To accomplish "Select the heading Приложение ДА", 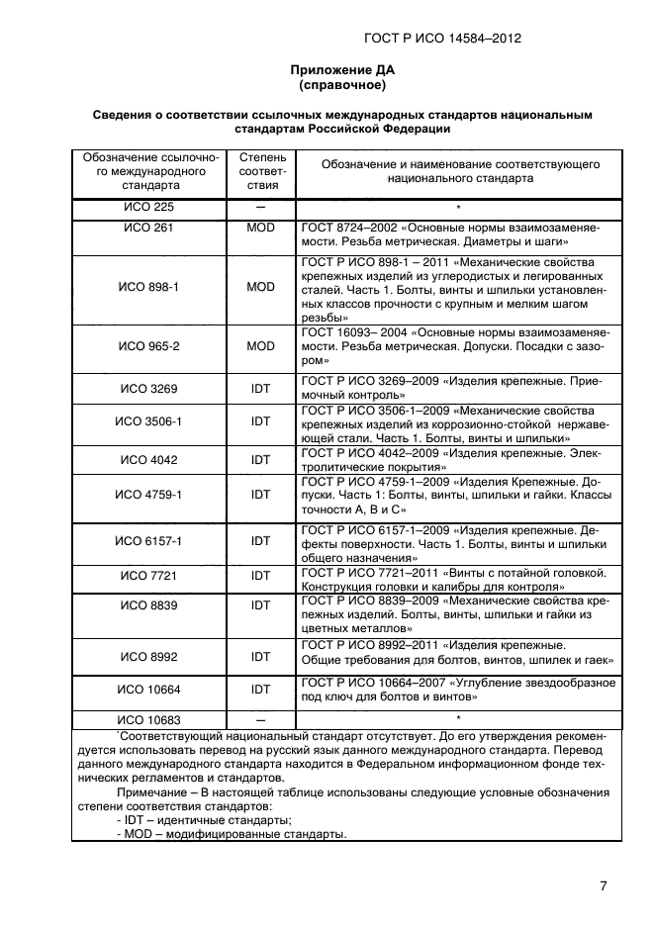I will click(327, 70).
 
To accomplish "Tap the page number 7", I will click(603, 885).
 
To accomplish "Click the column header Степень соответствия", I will click(260, 171).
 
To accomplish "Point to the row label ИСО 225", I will click(148, 208).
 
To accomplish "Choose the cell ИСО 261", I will click(148, 228).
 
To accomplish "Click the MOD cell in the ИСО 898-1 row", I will click(260, 286).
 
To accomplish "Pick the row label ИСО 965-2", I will click(148, 347).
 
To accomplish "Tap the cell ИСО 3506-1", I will click(148, 421).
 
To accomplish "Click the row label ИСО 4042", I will click(148, 460).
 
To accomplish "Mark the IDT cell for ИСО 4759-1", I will click(260, 494).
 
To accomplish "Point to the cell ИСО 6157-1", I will click(148, 541).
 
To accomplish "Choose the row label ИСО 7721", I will click(148, 575).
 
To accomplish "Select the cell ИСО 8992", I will click(148, 654).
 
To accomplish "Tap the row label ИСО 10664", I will click(148, 690).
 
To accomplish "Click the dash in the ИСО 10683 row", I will click(260, 719).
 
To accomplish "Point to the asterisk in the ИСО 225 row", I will click(459, 208).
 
